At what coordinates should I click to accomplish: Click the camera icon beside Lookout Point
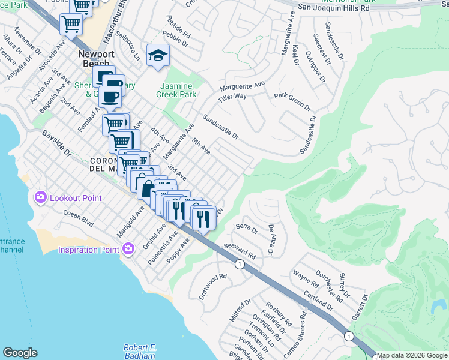click(41, 197)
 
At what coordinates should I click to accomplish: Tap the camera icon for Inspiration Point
click(128, 249)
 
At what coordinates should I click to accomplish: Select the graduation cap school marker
click(158, 56)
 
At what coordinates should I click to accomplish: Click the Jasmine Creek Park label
click(176, 91)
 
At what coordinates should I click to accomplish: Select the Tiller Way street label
click(232, 96)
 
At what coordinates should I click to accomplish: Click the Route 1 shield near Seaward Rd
click(240, 264)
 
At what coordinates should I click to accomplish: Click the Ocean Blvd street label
click(79, 218)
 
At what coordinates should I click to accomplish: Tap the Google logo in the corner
click(20, 353)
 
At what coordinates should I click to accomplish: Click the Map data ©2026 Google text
click(412, 355)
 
